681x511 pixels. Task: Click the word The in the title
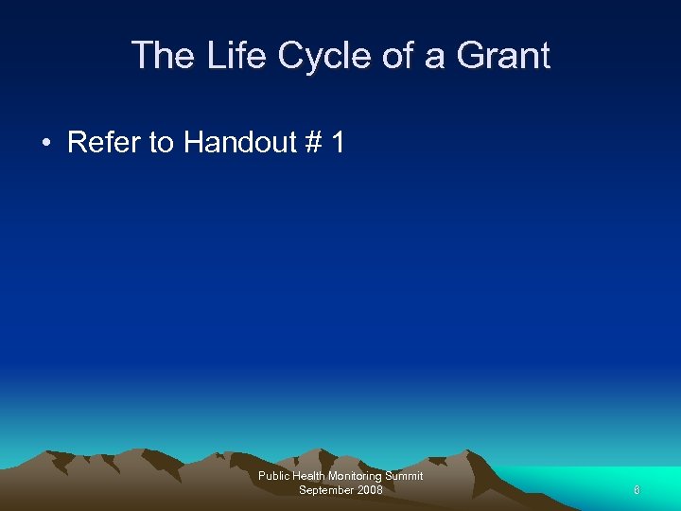pyautogui.click(x=162, y=56)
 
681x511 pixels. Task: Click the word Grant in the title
pyautogui.click(x=503, y=56)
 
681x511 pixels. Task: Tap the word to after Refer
pyautogui.click(x=162, y=143)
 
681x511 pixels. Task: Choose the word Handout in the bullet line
pyautogui.click(x=241, y=143)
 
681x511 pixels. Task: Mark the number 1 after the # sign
pyautogui.click(x=338, y=143)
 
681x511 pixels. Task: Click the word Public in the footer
pyautogui.click(x=274, y=476)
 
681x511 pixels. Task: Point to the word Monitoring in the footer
pyautogui.click(x=358, y=476)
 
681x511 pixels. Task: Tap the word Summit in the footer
pyautogui.click(x=405, y=476)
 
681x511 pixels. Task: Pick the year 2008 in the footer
pyautogui.click(x=370, y=489)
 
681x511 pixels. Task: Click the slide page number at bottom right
pyautogui.click(x=637, y=490)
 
